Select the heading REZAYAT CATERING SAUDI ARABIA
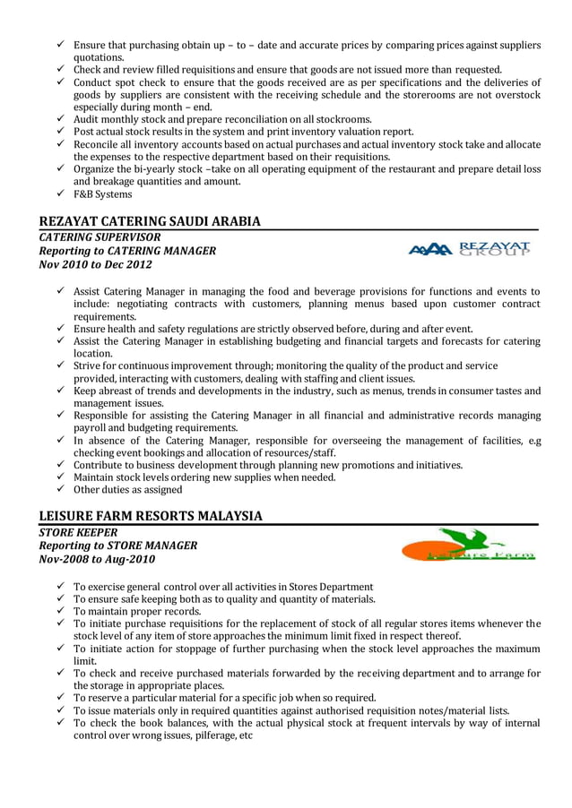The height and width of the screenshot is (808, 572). (x=151, y=221)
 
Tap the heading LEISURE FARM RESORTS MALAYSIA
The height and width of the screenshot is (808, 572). (x=152, y=516)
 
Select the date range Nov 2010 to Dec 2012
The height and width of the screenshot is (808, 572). (x=96, y=264)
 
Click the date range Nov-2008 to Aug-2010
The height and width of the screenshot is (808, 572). (x=97, y=559)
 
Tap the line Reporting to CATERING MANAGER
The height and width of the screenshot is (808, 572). (x=127, y=251)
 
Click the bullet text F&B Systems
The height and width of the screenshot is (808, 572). (x=102, y=194)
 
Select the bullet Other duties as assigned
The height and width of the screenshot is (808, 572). (x=127, y=490)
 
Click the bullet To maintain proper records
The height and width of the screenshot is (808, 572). (x=137, y=612)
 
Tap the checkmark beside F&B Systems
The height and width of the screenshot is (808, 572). (x=59, y=194)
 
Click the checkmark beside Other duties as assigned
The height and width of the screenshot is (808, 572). (x=59, y=490)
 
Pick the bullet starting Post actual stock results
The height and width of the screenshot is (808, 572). (x=243, y=132)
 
